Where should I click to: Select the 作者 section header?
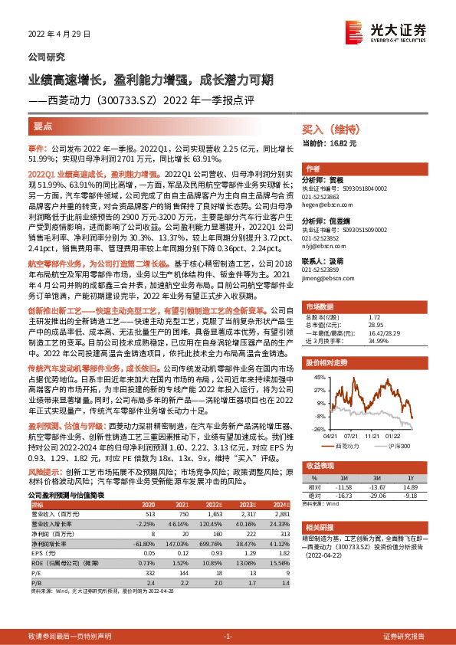pos(313,169)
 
